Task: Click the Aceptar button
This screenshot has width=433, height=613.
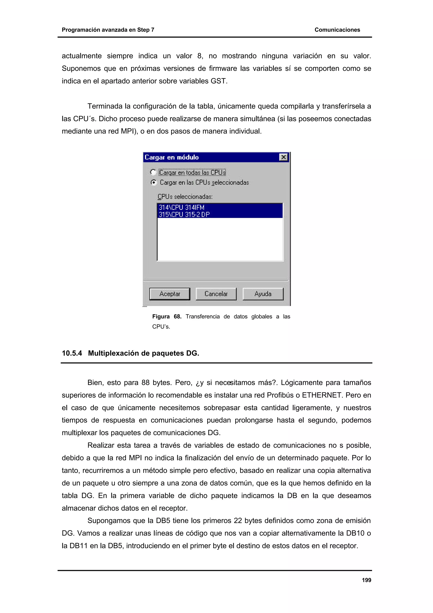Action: pos(170,294)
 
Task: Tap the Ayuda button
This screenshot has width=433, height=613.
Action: pos(263,294)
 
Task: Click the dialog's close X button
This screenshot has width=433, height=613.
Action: pos(283,157)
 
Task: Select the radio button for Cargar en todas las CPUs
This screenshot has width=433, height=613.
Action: pos(153,172)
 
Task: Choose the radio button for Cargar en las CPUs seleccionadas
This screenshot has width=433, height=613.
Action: pos(153,182)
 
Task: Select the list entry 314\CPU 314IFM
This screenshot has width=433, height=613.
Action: pos(181,207)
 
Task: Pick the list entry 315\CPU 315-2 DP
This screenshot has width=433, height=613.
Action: pos(184,214)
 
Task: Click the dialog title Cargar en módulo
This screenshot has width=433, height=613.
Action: pos(171,157)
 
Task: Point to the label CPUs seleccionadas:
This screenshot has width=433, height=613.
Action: pos(185,197)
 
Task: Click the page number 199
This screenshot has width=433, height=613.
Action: pos(366,580)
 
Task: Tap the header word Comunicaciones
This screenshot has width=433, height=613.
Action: pos(337,30)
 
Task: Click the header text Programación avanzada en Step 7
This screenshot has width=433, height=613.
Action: pos(108,30)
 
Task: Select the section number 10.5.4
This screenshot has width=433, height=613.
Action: pos(72,353)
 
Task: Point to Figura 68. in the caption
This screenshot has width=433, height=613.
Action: pos(166,316)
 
